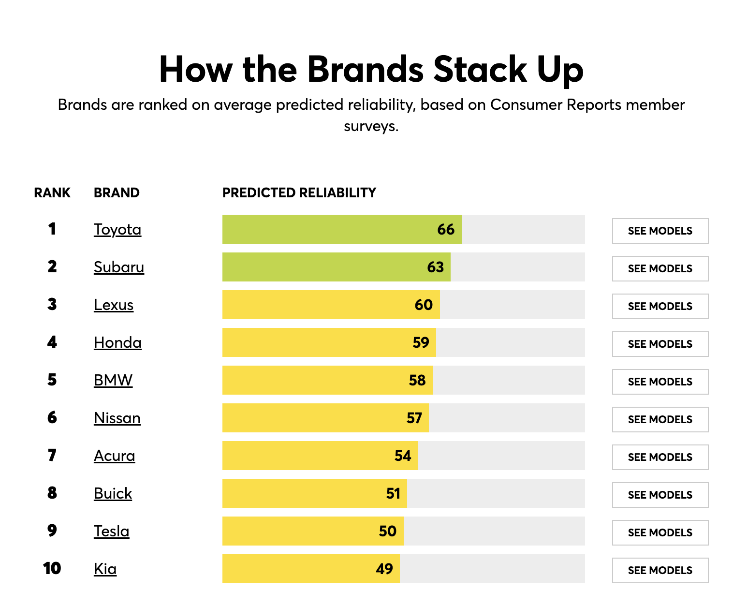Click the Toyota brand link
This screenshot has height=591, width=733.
pos(117,229)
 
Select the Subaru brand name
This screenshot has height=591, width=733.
pos(119,267)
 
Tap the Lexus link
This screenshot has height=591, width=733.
pos(114,305)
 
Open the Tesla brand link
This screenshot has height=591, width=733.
pos(112,531)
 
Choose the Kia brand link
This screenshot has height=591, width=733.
pos(105,569)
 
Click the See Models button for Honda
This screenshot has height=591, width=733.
pos(660,344)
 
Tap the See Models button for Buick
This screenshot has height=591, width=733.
pos(660,495)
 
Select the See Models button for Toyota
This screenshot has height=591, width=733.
pos(660,231)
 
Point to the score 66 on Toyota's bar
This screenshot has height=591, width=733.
pos(446,229)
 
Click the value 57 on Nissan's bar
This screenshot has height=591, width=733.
pos(414,418)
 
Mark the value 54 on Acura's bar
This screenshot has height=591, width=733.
pos(403,456)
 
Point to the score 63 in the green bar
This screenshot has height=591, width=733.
pos(435,267)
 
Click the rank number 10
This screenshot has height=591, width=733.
pos(52,568)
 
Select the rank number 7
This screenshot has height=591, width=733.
pos(52,455)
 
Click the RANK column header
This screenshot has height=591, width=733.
pos(52,192)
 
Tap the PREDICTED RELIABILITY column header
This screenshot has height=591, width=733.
pos(299,192)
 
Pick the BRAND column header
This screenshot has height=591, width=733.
pos(117,192)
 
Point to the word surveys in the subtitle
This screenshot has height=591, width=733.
pos(371,126)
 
